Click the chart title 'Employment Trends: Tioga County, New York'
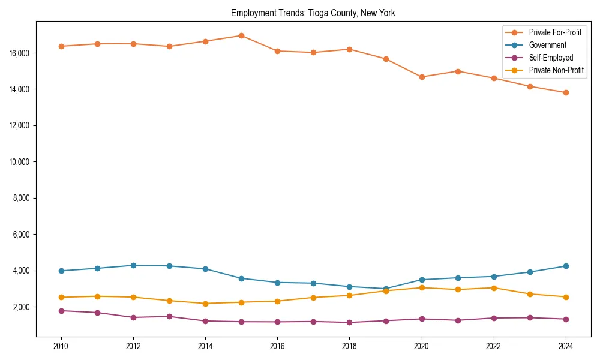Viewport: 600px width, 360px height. pyautogui.click(x=313, y=13)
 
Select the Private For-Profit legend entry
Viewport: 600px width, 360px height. pyautogui.click(x=555, y=32)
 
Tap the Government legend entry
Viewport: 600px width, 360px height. pyautogui.click(x=547, y=45)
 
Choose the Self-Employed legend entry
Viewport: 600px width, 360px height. pyautogui.click(x=551, y=58)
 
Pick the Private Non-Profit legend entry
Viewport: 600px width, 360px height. pyautogui.click(x=556, y=70)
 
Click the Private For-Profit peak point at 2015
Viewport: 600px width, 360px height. pyautogui.click(x=241, y=35)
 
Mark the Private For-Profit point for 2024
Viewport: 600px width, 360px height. pyautogui.click(x=566, y=92)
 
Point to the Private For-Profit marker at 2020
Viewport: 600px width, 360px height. pyautogui.click(x=422, y=77)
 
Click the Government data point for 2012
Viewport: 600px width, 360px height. pyautogui.click(x=133, y=265)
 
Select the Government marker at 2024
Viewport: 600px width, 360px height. pyautogui.click(x=566, y=266)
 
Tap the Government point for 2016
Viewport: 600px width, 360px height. pyautogui.click(x=277, y=283)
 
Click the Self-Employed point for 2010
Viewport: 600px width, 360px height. pyautogui.click(x=61, y=311)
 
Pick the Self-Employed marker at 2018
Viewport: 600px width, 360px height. pyautogui.click(x=350, y=322)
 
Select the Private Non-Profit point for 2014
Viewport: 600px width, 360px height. pyautogui.click(x=205, y=304)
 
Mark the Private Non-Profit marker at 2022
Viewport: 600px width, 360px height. pyautogui.click(x=494, y=288)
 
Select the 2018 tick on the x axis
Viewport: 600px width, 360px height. pyautogui.click(x=350, y=346)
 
